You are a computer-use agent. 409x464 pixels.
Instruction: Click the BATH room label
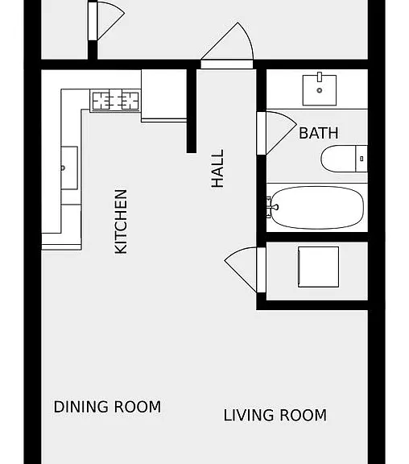319,133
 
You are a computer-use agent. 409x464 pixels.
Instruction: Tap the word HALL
217,168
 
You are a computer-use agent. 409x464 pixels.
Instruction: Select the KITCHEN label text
121,222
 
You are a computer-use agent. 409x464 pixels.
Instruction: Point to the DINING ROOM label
107,407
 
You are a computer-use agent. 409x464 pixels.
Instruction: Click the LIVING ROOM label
275,415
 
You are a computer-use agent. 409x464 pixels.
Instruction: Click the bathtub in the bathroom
317,208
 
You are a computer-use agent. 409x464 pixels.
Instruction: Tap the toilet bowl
338,159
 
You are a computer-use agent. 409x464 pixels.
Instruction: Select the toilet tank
361,159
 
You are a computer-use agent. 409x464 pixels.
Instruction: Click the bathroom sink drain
320,90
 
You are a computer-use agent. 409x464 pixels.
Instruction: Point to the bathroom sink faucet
320,77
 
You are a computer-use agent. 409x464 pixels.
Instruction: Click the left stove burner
101,101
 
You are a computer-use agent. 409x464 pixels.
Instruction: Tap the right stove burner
130,101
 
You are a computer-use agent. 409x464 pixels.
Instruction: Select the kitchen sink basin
69,168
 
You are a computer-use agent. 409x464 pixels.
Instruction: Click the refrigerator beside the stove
163,96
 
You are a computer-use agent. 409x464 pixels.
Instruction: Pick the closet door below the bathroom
261,270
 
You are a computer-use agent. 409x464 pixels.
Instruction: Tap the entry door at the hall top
227,64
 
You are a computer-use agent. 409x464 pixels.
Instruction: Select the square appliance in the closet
319,267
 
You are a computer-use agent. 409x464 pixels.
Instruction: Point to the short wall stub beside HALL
192,111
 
